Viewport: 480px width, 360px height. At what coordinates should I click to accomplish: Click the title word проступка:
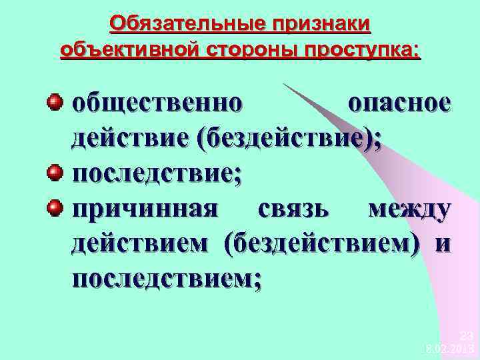pos(357,50)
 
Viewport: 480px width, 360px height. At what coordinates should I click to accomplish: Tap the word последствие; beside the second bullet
pos(157,174)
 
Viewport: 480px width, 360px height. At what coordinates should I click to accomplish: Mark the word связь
pos(293,209)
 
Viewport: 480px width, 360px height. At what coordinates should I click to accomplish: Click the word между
pos(409,209)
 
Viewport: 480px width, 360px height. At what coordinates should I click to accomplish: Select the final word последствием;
pos(167,279)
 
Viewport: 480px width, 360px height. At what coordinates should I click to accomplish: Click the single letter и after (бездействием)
pos(442,244)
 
